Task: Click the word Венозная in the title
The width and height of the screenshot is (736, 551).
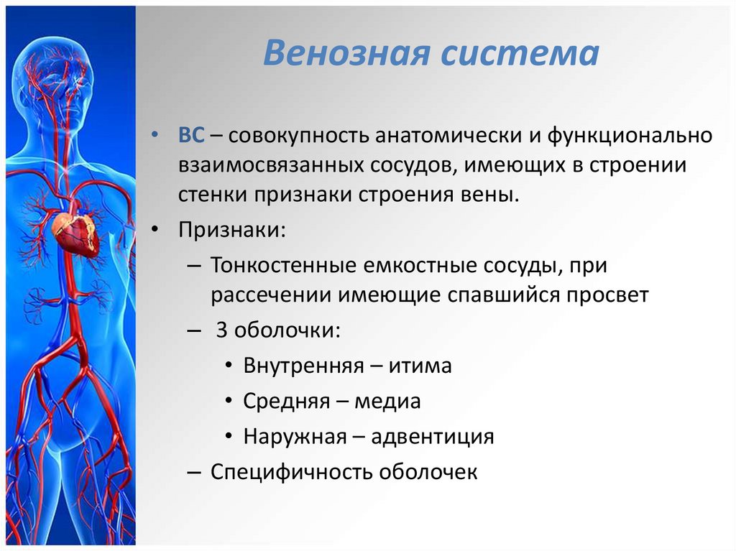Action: point(346,52)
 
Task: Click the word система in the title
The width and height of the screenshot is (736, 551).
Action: point(520,53)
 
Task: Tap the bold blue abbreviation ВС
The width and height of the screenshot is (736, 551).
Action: point(191,135)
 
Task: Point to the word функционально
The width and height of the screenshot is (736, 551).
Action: point(630,136)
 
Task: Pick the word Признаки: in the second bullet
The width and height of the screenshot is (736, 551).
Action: point(232,230)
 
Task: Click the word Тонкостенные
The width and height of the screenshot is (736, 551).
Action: point(283,265)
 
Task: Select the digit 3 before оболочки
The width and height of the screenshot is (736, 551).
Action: point(221,330)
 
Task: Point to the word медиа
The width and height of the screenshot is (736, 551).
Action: point(387,402)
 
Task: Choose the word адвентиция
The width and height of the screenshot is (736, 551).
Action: point(432,437)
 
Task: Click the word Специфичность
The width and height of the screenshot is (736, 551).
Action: point(291,472)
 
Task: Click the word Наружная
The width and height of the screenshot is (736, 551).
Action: point(295,437)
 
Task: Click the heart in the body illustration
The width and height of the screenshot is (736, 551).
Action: point(75,230)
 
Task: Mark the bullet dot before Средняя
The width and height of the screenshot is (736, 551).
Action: point(229,401)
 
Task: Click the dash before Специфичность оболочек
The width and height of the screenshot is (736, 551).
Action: point(194,471)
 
